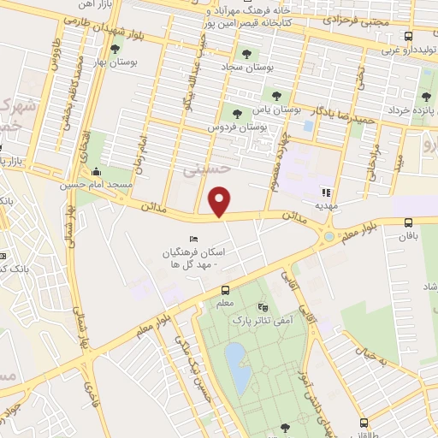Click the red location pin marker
coord(221,202)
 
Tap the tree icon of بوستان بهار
coord(115,49)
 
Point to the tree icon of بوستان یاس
coord(275,96)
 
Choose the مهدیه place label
coord(326,205)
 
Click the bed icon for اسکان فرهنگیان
coord(194,239)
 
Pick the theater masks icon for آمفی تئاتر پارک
coord(262,305)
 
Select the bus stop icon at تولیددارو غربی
coord(409,37)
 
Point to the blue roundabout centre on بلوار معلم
coord(329,236)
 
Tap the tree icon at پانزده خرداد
coord(426,98)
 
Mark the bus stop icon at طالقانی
coord(365,423)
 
